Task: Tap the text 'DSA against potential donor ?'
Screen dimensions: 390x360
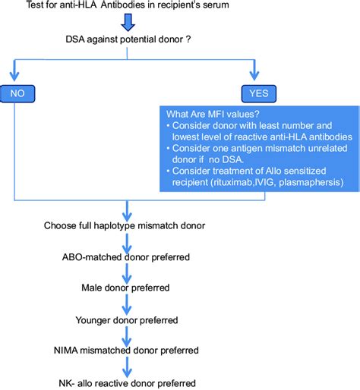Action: pos(126,38)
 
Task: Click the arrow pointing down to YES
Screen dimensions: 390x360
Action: pos(252,73)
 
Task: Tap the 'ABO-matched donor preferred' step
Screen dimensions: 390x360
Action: pos(126,257)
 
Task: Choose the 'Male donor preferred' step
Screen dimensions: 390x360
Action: pos(126,288)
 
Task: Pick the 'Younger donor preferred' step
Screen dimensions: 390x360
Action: pos(126,319)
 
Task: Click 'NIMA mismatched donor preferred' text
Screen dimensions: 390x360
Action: pos(126,351)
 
